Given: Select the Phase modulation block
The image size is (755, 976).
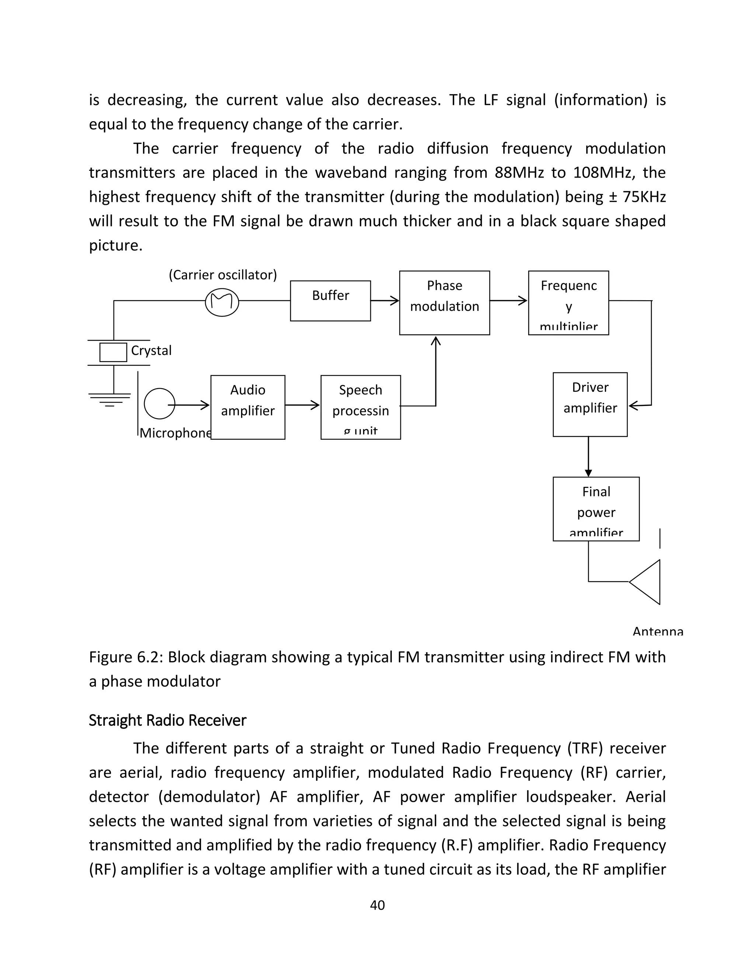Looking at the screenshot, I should pyautogui.click(x=444, y=302).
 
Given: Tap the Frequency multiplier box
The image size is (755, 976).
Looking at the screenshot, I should pyautogui.click(x=568, y=302).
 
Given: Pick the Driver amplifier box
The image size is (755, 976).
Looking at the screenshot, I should pyautogui.click(x=589, y=404).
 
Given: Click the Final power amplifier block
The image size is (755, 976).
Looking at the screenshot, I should pyautogui.click(x=596, y=509).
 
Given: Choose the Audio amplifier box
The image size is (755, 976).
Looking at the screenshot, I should pyautogui.click(x=247, y=407).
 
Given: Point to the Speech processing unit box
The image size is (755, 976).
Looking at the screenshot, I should pyautogui.click(x=361, y=407).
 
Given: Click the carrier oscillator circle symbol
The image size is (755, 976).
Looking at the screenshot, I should pyautogui.click(x=222, y=302).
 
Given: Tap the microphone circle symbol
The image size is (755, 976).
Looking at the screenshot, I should pyautogui.click(x=159, y=404).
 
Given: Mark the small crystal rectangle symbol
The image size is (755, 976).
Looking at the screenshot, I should pyautogui.click(x=113, y=352).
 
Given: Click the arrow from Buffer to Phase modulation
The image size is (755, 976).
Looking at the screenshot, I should pyautogui.click(x=385, y=301).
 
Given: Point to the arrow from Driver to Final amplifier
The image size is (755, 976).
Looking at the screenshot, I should pyautogui.click(x=588, y=457).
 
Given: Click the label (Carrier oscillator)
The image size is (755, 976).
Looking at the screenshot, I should pyautogui.click(x=222, y=274).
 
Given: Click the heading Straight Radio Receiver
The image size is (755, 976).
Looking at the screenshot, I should pyautogui.click(x=167, y=720).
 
